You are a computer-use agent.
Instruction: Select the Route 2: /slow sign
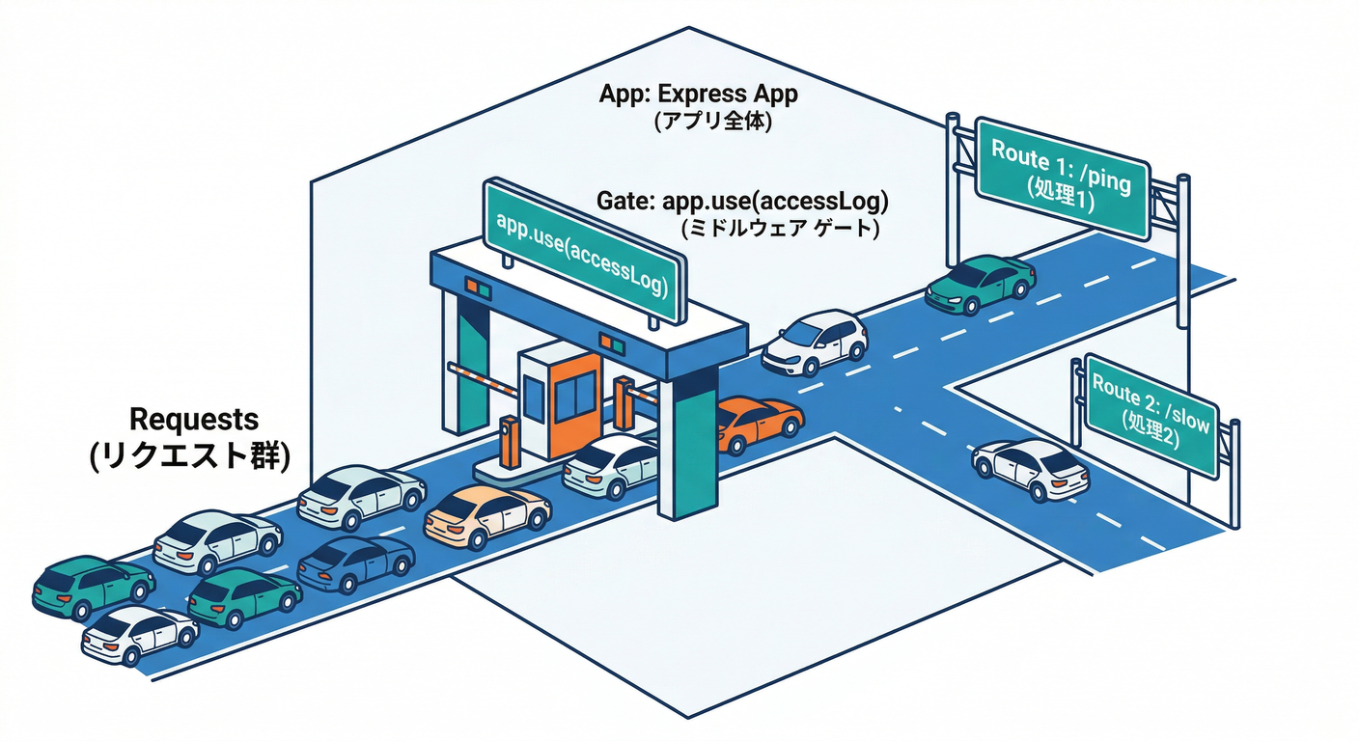pyautogui.click(x=1150, y=413)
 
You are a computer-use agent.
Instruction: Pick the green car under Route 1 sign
pyautogui.click(x=979, y=282)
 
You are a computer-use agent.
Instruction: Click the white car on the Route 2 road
pyautogui.click(x=1030, y=469)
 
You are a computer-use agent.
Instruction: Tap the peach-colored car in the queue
pyautogui.click(x=486, y=515)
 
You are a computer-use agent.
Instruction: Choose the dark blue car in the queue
pyautogui.click(x=355, y=563)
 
